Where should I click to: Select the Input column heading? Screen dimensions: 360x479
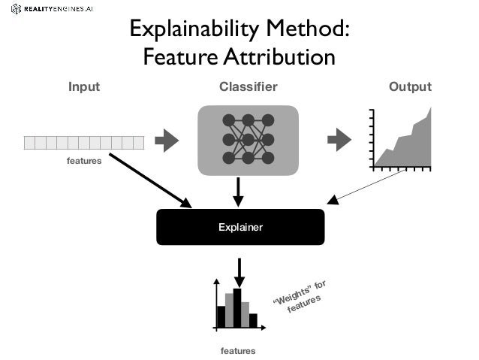tap(84, 87)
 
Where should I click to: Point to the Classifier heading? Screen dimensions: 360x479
tap(248, 87)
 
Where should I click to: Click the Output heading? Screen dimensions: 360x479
tap(410, 87)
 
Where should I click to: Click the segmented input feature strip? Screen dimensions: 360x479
tap(83, 142)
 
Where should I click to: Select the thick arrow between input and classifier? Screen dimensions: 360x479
tap(167, 140)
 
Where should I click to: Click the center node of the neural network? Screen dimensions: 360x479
tap(248, 140)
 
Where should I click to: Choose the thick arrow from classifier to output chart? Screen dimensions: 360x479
tap(339, 140)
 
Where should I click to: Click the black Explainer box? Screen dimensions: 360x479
tap(240, 226)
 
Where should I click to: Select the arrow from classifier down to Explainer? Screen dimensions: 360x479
tap(238, 191)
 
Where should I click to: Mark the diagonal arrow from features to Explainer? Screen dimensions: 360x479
tap(150, 180)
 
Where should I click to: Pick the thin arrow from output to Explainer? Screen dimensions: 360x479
tap(368, 185)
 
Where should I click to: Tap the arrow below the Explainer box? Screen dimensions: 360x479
tap(239, 272)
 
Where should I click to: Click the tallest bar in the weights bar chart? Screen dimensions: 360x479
tap(237, 308)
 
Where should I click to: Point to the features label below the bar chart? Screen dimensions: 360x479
tap(238, 351)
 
